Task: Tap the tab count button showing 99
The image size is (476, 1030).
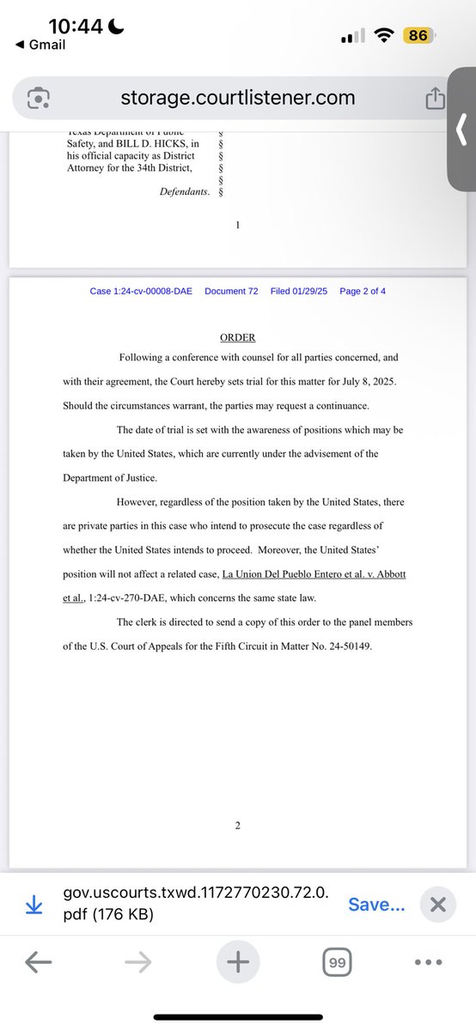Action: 337,964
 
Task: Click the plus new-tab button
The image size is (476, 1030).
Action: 236,963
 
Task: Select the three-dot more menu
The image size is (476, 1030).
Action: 429,963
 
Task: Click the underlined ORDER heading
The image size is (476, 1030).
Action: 237,337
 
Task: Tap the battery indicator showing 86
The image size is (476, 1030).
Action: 419,36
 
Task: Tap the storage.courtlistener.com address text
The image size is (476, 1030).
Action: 237,98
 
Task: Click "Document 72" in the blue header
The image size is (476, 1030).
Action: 231,291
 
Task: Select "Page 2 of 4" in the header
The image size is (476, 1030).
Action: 363,291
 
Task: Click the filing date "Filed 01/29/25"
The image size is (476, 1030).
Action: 298,291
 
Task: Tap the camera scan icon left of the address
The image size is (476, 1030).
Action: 38,99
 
